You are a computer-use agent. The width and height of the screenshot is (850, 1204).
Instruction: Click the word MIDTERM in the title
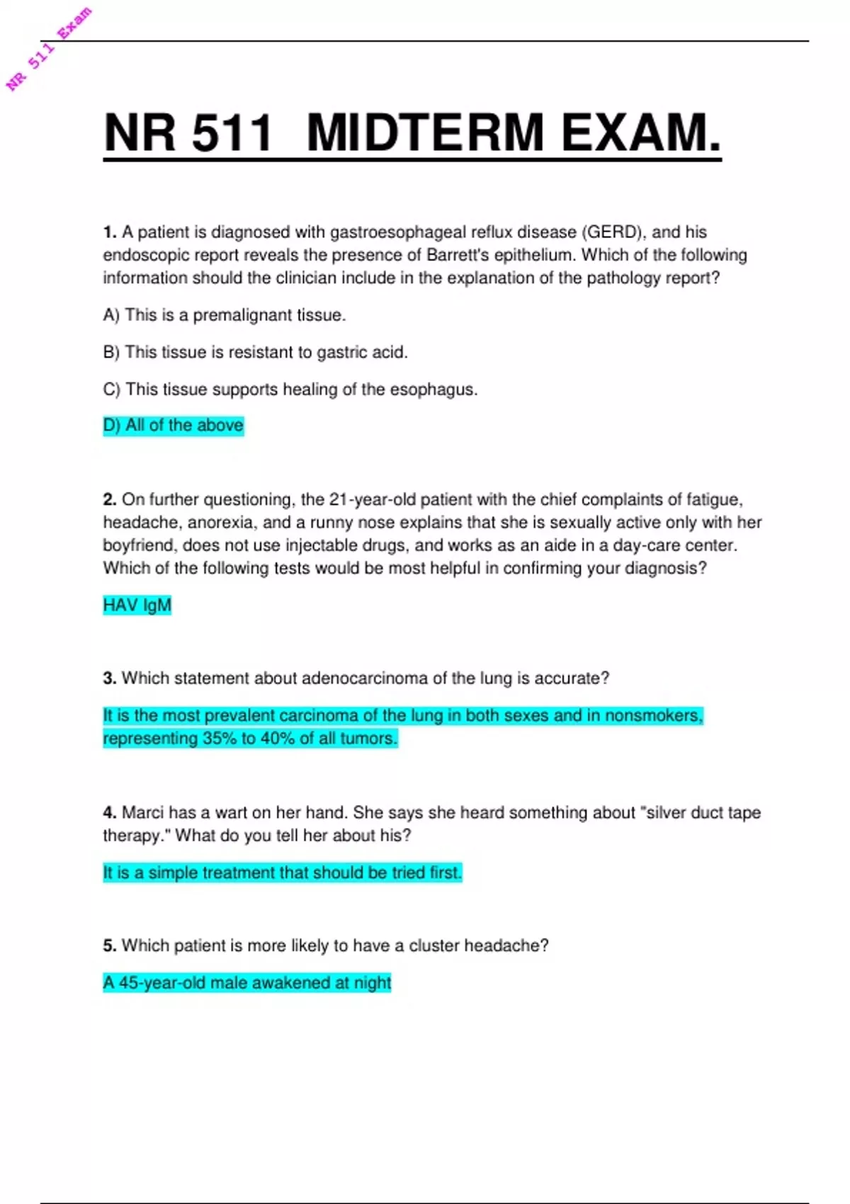point(425,132)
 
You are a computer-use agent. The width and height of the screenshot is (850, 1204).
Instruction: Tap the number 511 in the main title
point(232,132)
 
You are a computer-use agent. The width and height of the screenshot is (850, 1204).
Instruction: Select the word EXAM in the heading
point(640,132)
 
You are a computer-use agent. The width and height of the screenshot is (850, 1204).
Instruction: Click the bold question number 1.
point(109,232)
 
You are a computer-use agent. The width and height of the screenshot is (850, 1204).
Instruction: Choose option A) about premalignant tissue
point(224,315)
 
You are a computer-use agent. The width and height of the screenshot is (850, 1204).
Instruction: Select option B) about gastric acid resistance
point(255,352)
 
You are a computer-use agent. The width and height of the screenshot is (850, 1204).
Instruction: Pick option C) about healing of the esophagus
point(290,390)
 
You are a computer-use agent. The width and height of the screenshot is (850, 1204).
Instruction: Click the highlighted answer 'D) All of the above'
point(174,426)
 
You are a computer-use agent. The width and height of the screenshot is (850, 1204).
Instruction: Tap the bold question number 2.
point(109,500)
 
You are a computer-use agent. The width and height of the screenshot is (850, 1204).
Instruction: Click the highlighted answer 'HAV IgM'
point(137,606)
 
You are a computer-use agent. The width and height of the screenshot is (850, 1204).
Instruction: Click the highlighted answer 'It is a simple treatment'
point(282,873)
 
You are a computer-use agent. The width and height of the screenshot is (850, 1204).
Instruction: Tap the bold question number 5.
point(109,946)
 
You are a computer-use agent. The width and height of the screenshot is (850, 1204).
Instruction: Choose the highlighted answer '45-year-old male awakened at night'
point(247,983)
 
